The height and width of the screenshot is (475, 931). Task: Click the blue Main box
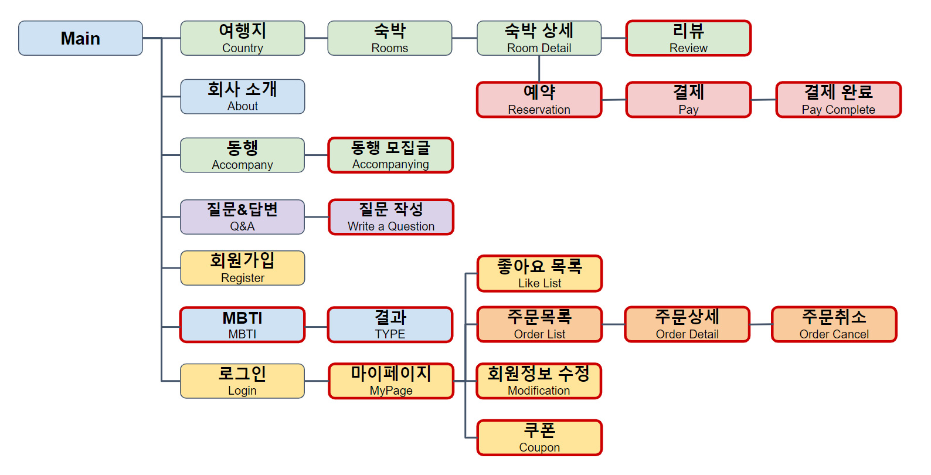(80, 38)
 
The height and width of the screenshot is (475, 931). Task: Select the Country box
(242, 38)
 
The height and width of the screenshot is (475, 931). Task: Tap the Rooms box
(389, 38)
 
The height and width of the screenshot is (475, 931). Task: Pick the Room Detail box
(539, 38)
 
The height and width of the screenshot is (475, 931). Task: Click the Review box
(688, 38)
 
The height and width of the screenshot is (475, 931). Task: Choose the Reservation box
(539, 100)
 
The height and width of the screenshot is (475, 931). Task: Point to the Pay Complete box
(838, 100)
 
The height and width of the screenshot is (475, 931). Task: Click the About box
(242, 97)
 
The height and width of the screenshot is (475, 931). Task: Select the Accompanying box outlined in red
(390, 155)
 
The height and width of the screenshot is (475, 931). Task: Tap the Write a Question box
(390, 217)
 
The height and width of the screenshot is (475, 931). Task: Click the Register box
(242, 268)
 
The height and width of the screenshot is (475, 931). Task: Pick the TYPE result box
(390, 324)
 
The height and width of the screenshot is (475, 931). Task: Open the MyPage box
(390, 381)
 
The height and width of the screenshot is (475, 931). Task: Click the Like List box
(539, 273)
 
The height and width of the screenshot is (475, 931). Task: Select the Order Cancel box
(834, 324)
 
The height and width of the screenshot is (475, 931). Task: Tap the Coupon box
(539, 437)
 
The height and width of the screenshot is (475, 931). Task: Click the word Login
(242, 391)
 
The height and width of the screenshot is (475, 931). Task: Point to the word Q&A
(242, 226)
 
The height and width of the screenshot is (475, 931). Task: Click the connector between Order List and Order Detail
(613, 324)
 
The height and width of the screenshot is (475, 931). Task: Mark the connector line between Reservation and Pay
(614, 100)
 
